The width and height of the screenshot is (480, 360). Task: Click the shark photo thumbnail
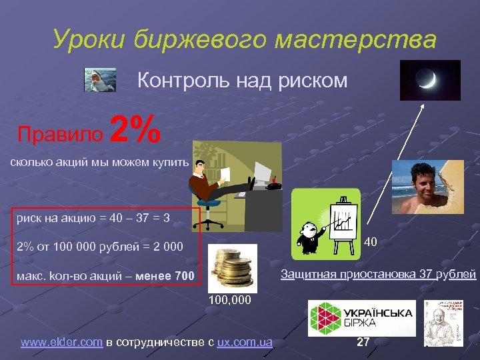click(101, 80)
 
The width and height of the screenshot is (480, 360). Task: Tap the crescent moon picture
click(430, 81)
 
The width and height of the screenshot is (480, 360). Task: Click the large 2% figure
click(136, 129)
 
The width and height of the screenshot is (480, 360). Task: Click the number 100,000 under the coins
click(230, 300)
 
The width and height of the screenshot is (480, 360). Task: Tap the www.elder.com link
click(61, 342)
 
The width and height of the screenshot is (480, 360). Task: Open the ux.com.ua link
click(245, 342)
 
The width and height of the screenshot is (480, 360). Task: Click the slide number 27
click(363, 342)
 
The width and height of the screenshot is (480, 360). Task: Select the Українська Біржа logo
click(361, 318)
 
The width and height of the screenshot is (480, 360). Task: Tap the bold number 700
click(184, 276)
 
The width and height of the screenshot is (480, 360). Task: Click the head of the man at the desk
click(198, 167)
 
